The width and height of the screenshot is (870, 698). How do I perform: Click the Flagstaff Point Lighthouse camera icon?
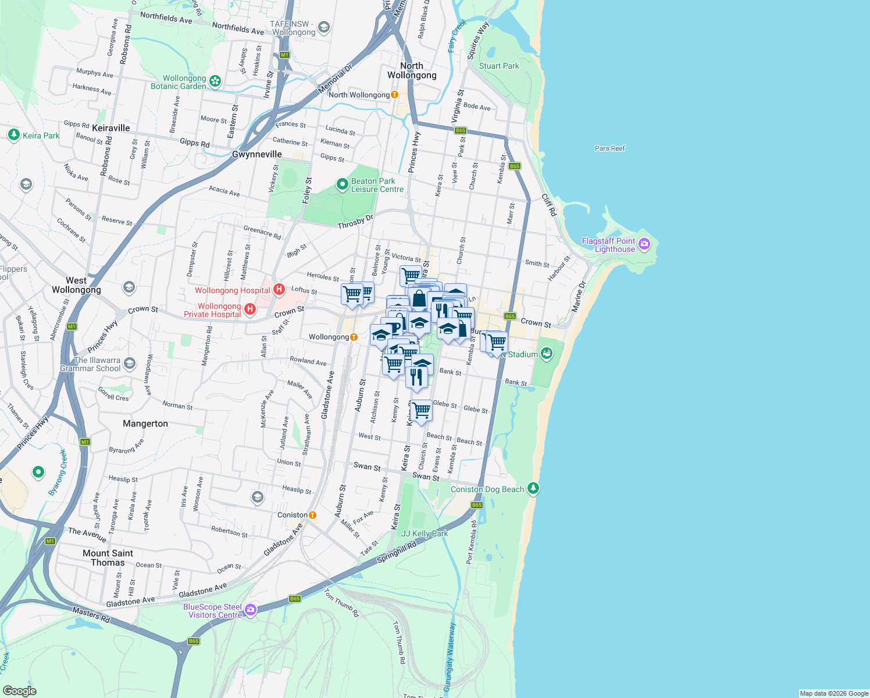644,244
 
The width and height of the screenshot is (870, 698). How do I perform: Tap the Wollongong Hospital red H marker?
279,289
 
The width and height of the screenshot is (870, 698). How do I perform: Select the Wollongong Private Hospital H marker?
250,309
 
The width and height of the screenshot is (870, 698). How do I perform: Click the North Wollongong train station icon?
395,95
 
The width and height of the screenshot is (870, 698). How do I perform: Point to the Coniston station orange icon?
313,515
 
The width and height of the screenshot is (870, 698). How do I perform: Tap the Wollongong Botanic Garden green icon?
215,81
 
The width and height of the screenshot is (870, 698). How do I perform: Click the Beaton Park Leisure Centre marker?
343,184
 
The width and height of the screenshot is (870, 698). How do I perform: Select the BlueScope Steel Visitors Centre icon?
251,610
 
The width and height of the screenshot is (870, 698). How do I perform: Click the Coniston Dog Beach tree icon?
533,489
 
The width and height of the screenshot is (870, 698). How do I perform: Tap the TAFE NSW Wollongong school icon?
324,27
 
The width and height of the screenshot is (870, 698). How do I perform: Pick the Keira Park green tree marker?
14,135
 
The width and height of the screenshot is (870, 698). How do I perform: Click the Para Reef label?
609,148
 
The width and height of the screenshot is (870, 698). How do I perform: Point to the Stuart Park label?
498,66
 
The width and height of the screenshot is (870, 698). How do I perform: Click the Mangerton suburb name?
145,423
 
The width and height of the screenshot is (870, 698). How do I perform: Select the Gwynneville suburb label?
256,154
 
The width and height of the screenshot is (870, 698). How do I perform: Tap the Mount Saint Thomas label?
108,558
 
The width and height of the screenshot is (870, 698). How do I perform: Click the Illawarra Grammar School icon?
129,364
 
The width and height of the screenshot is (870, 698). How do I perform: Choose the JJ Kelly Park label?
425,533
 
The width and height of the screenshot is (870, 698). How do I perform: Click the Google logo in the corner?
20,690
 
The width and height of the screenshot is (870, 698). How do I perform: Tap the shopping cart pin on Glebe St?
422,410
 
